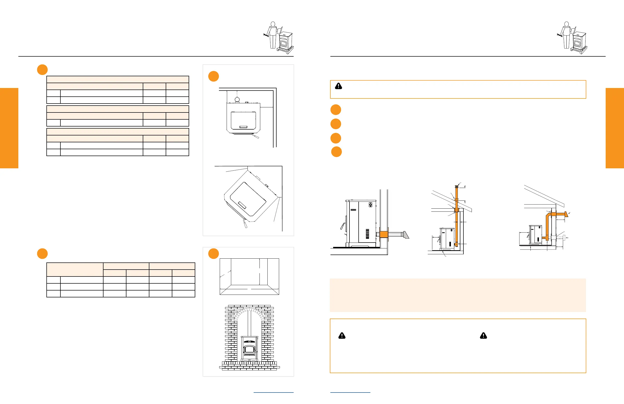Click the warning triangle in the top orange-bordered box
click(339, 86)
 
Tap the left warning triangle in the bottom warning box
click(342, 336)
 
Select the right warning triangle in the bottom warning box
click(484, 336)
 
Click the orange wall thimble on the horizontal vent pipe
click(384, 234)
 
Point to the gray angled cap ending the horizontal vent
click(406, 235)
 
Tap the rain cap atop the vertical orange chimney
click(457, 186)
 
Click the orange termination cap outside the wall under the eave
click(566, 214)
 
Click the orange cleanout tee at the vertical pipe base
click(456, 245)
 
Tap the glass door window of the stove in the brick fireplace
click(249, 349)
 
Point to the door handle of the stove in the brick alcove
click(256, 351)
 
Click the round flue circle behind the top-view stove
click(237, 99)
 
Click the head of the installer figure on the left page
click(273, 24)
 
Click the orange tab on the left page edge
click(9, 128)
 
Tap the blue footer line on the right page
click(350, 393)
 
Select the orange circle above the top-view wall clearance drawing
click(213, 76)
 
